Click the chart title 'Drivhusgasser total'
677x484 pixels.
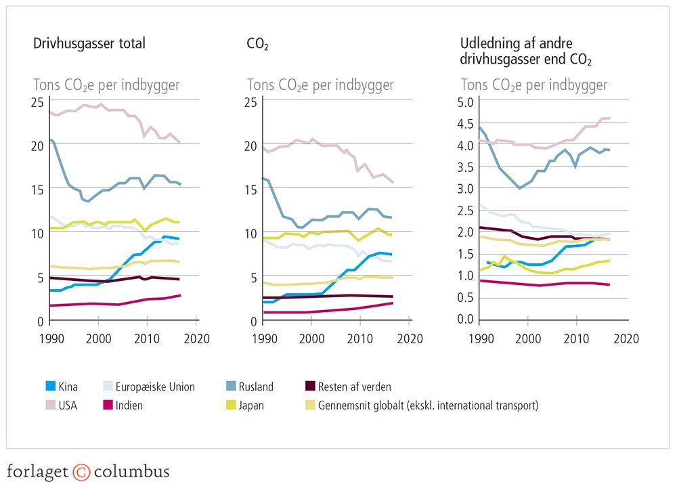pyautogui.click(x=89, y=44)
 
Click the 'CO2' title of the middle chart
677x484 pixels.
pyautogui.click(x=259, y=45)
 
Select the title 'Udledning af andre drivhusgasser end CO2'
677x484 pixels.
pyautogui.click(x=526, y=51)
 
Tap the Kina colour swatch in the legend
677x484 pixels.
pyautogui.click(x=47, y=387)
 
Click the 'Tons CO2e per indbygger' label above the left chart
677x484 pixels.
pyautogui.click(x=106, y=85)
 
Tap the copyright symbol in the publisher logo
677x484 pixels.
pyautogui.click(x=81, y=472)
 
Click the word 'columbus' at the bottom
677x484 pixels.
pyautogui.click(x=131, y=472)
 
